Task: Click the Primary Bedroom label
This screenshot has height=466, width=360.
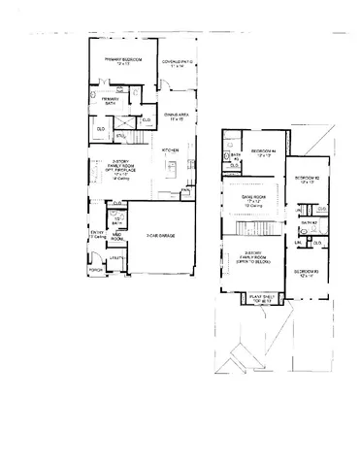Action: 124,60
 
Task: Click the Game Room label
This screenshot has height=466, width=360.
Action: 255,199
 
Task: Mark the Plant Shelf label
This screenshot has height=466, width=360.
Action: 262,299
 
